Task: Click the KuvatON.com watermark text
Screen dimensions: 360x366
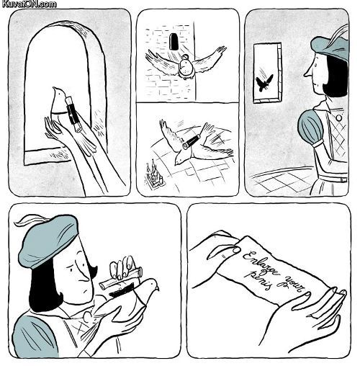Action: coord(28,4)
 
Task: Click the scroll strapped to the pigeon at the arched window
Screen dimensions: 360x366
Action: coord(73,112)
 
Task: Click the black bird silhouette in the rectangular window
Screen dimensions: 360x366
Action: coord(264,83)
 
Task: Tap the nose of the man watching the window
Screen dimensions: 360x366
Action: coord(308,72)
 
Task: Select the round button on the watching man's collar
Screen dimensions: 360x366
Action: coord(339,117)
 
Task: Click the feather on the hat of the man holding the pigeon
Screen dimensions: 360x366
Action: coord(27,220)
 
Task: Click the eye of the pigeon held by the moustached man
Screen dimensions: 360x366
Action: coord(152,283)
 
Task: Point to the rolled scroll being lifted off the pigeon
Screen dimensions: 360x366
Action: coord(122,277)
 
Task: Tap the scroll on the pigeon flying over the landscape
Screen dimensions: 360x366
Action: coord(192,142)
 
